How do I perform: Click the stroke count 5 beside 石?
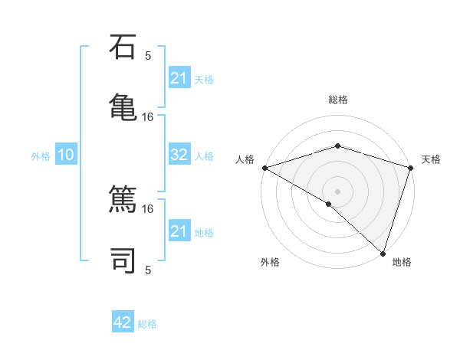pos(148,55)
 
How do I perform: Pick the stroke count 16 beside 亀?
pos(148,116)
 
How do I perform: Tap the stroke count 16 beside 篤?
pos(148,208)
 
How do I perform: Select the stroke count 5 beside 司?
pos(148,269)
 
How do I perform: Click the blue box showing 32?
pos(179,155)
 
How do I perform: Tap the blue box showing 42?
pos(123,322)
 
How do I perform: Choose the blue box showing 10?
pos(66,155)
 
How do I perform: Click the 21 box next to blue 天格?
pos(179,78)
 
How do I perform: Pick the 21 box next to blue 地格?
pos(179,231)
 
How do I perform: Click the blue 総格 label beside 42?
pos(147,324)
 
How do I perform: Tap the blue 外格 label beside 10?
pos(41,156)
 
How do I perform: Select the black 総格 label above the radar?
pos(337,100)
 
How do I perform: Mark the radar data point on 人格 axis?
pos(264,168)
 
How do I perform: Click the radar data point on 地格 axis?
pos(383,253)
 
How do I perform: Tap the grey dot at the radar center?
pos(337,191)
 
